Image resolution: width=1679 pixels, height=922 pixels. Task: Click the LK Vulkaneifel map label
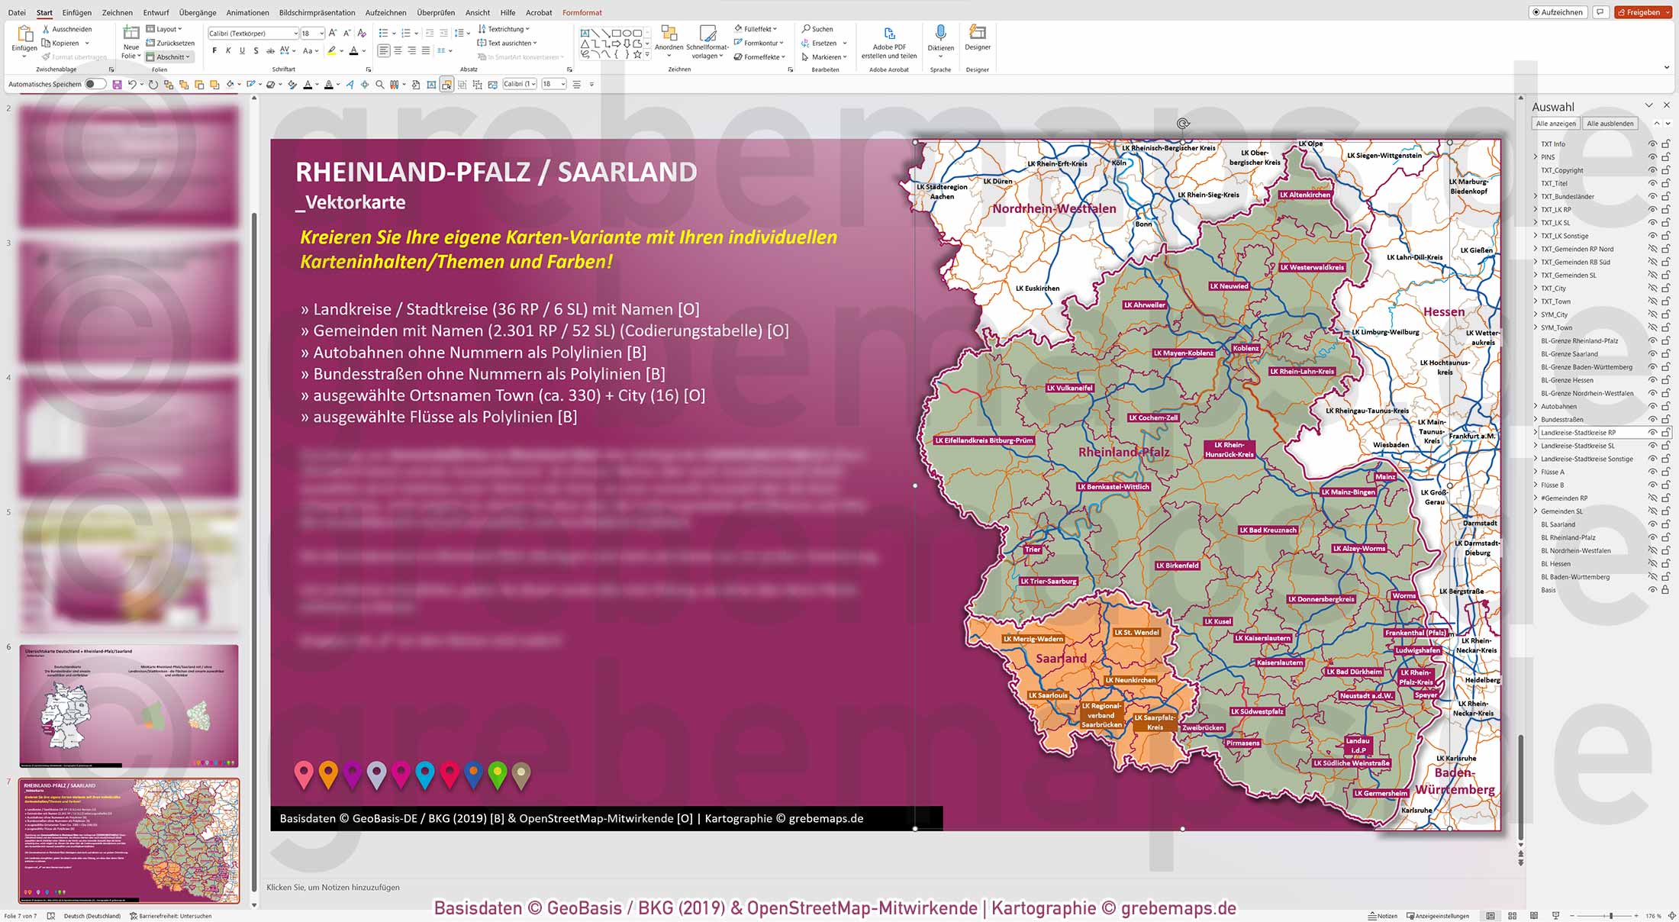tap(1069, 388)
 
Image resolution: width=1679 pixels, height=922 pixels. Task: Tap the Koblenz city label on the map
tap(1246, 348)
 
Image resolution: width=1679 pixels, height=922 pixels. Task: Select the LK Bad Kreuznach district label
tap(1268, 530)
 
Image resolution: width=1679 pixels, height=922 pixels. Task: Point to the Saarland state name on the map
tap(1061, 658)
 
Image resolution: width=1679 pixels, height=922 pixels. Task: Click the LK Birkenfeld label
tap(1177, 566)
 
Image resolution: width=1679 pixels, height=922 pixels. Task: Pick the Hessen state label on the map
tap(1443, 311)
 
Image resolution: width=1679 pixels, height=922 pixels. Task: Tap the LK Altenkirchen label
tap(1305, 195)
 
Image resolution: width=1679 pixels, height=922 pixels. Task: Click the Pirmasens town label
tap(1242, 743)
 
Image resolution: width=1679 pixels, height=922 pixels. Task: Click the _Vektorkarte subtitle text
tap(351, 202)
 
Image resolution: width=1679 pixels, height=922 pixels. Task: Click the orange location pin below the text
tap(328, 773)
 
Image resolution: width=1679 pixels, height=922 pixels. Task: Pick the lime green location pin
tap(498, 773)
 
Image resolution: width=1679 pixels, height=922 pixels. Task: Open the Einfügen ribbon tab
tap(76, 12)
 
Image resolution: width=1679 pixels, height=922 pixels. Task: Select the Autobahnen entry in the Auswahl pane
tap(1558, 406)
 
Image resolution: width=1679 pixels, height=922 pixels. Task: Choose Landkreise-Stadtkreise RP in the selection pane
tap(1577, 433)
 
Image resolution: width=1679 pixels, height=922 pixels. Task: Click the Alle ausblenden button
tap(1610, 124)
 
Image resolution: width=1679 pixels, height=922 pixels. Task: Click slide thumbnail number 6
tap(128, 705)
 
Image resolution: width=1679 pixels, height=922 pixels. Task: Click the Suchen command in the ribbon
tap(817, 29)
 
